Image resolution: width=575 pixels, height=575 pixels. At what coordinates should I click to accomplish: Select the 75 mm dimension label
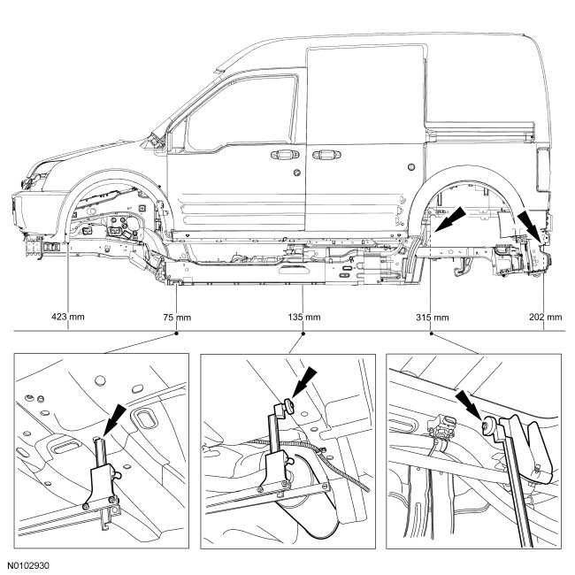tap(178, 315)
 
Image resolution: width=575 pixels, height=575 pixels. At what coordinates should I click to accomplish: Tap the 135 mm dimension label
tap(304, 315)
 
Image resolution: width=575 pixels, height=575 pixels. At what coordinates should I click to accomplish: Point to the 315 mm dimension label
tap(431, 315)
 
